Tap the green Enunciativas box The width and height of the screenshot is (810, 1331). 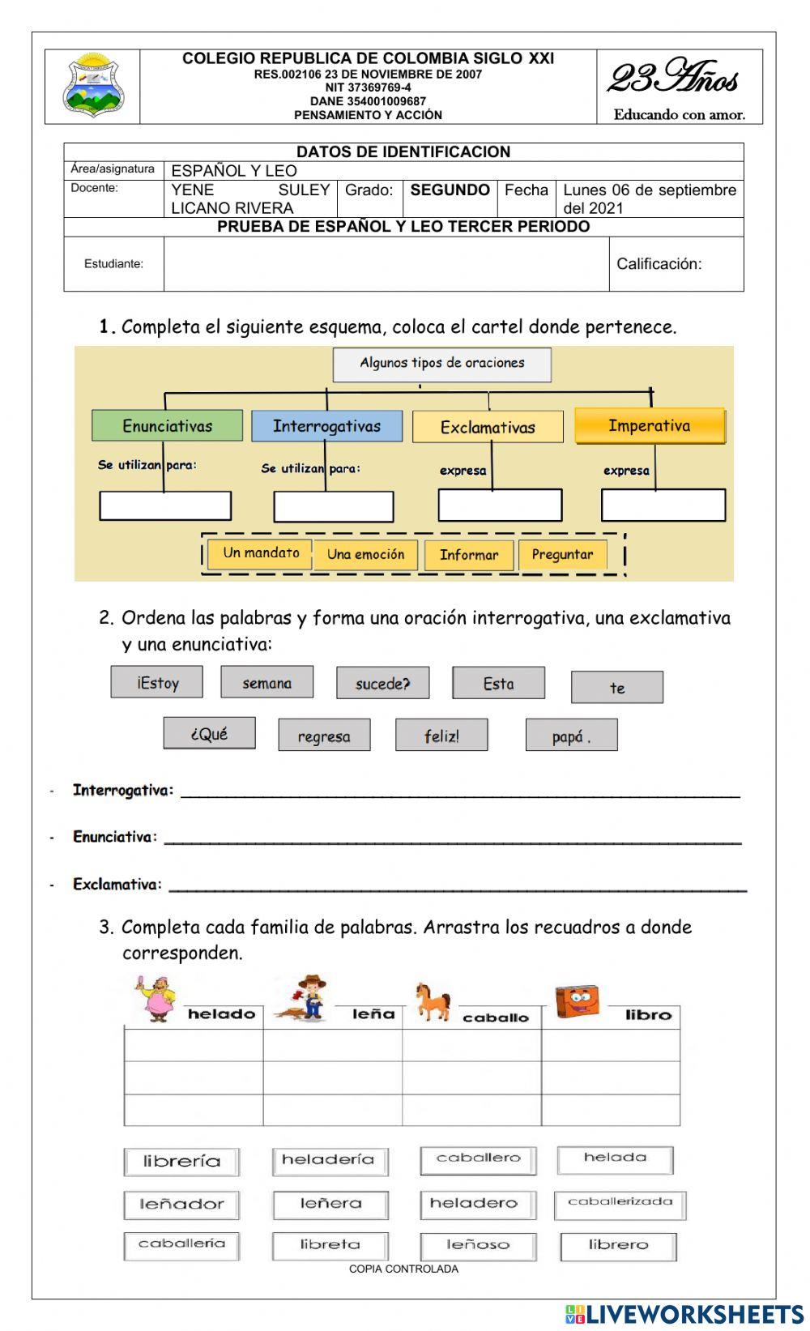tap(167, 425)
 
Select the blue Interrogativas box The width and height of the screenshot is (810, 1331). tap(326, 426)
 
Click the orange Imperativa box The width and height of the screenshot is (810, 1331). tap(650, 426)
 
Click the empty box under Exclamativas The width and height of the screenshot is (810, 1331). tap(500, 506)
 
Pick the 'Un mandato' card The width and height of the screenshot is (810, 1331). tap(261, 553)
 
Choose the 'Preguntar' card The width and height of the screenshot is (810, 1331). tap(562, 555)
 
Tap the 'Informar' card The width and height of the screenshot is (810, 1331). tap(468, 555)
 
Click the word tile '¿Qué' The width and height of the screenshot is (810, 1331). tap(209, 734)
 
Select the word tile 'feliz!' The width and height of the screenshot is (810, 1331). tap(441, 736)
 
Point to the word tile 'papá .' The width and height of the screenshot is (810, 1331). tap(571, 736)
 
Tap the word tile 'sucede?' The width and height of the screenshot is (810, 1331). tap(383, 683)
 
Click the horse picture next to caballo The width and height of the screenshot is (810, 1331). tap(433, 1000)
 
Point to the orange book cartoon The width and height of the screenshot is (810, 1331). tap(578, 1002)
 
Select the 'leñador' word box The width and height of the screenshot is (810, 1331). tap(181, 1205)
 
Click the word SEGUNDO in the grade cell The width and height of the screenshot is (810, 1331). tap(450, 190)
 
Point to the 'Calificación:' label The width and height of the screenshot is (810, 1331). tap(659, 264)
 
